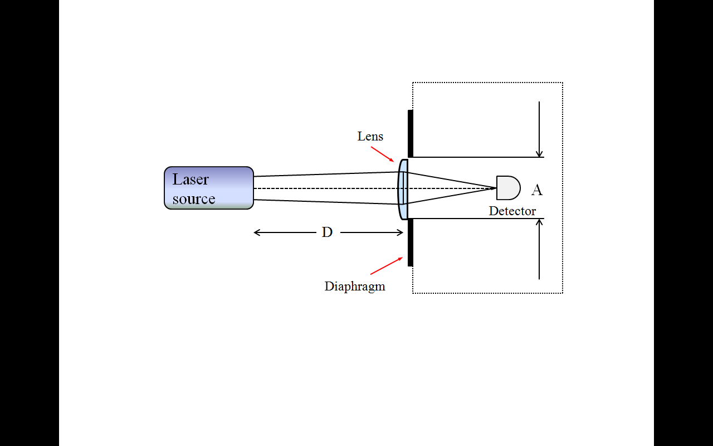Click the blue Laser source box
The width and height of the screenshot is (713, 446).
click(209, 188)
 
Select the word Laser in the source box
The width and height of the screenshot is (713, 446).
click(191, 180)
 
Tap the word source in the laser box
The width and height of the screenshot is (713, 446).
click(194, 199)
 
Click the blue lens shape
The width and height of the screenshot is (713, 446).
click(403, 190)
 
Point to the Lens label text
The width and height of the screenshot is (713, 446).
click(370, 137)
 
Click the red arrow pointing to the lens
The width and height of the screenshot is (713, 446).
click(383, 154)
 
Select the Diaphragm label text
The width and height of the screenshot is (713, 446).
click(355, 287)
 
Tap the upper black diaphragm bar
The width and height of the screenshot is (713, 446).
click(411, 134)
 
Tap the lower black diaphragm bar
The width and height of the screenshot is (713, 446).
click(411, 243)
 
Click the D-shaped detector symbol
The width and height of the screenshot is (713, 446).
click(507, 188)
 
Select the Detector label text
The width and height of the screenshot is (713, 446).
click(512, 211)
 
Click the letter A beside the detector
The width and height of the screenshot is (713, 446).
click(537, 190)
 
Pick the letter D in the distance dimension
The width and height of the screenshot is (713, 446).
click(327, 232)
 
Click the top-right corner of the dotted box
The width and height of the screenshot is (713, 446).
click(563, 83)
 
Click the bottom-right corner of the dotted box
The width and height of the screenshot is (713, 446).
click(563, 293)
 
